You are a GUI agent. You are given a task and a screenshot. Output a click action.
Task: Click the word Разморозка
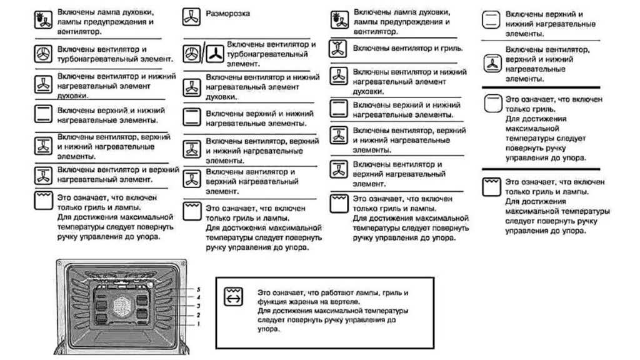click(228, 13)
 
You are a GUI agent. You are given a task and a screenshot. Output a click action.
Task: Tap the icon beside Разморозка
click(191, 16)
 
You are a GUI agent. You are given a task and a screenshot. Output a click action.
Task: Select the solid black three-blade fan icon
click(214, 54)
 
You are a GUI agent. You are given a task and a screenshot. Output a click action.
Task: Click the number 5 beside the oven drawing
click(197, 290)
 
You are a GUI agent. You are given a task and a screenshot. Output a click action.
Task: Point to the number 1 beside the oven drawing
click(197, 324)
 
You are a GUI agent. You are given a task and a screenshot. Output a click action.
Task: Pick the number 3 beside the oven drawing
click(197, 306)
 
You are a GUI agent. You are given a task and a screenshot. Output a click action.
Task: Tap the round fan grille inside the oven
click(121, 307)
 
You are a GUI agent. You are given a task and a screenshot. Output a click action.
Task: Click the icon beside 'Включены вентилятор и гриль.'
click(339, 49)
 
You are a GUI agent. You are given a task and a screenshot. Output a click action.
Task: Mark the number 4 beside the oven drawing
click(197, 298)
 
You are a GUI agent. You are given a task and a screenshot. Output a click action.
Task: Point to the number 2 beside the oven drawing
click(197, 316)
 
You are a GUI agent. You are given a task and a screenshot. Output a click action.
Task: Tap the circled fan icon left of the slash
click(191, 54)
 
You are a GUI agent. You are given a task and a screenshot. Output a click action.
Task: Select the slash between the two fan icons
click(202, 54)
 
